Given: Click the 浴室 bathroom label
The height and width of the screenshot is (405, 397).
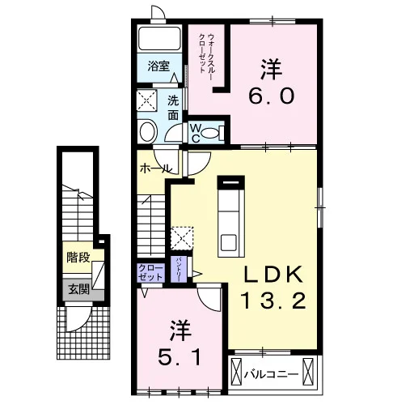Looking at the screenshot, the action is coord(158,66).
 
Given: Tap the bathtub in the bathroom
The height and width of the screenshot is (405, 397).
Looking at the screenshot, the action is coord(159,38).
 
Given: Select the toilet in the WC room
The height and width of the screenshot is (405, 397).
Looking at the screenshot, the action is coord(213,133).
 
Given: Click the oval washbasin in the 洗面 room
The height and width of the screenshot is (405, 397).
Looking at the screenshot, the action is coord(148,132).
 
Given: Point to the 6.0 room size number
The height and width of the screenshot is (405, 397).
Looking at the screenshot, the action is coord(272,96).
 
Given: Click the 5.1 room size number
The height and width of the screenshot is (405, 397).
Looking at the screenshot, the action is coord(179,357).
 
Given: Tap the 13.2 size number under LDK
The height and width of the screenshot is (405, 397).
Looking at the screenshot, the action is coord(272,301).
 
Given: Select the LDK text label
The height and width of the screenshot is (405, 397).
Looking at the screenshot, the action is coord(272,275).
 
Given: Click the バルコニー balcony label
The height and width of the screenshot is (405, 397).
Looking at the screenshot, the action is coord(272,375).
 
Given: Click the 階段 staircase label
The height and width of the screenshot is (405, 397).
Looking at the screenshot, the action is coord(78,258).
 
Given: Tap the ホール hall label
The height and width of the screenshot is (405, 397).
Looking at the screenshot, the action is coord(155,169).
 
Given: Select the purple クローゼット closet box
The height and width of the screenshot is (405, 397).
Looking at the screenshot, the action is coord(150,273).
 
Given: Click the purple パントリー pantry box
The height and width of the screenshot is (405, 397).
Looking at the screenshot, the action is coord(179,269).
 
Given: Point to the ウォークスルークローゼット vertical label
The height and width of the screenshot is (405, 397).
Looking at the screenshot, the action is coord(207,53).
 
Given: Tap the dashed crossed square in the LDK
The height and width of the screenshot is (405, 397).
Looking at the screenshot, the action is coord(182,238).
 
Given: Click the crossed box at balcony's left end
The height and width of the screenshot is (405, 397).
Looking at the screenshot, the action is coord(237,372).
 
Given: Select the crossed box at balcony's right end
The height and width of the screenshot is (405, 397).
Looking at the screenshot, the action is coord(308,372).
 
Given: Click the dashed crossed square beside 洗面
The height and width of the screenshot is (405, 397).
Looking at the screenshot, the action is coord(147,100).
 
